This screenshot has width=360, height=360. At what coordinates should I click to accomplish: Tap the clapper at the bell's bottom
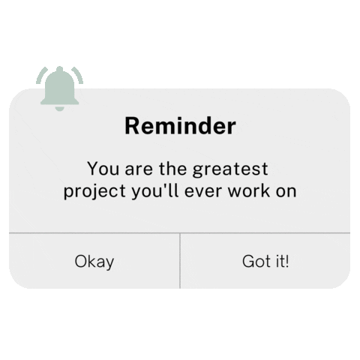coord(60,109)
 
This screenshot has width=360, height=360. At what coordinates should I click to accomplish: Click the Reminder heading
coord(180,126)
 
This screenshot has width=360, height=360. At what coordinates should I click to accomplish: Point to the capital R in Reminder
coord(132,126)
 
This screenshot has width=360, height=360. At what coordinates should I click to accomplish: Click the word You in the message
coord(102,168)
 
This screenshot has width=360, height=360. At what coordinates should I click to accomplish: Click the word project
coord(88,192)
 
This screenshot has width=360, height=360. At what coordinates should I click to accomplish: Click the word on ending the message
coord(286,192)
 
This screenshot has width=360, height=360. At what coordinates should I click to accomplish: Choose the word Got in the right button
coord(254,262)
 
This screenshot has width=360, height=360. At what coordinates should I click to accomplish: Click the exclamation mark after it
coord(286,261)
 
